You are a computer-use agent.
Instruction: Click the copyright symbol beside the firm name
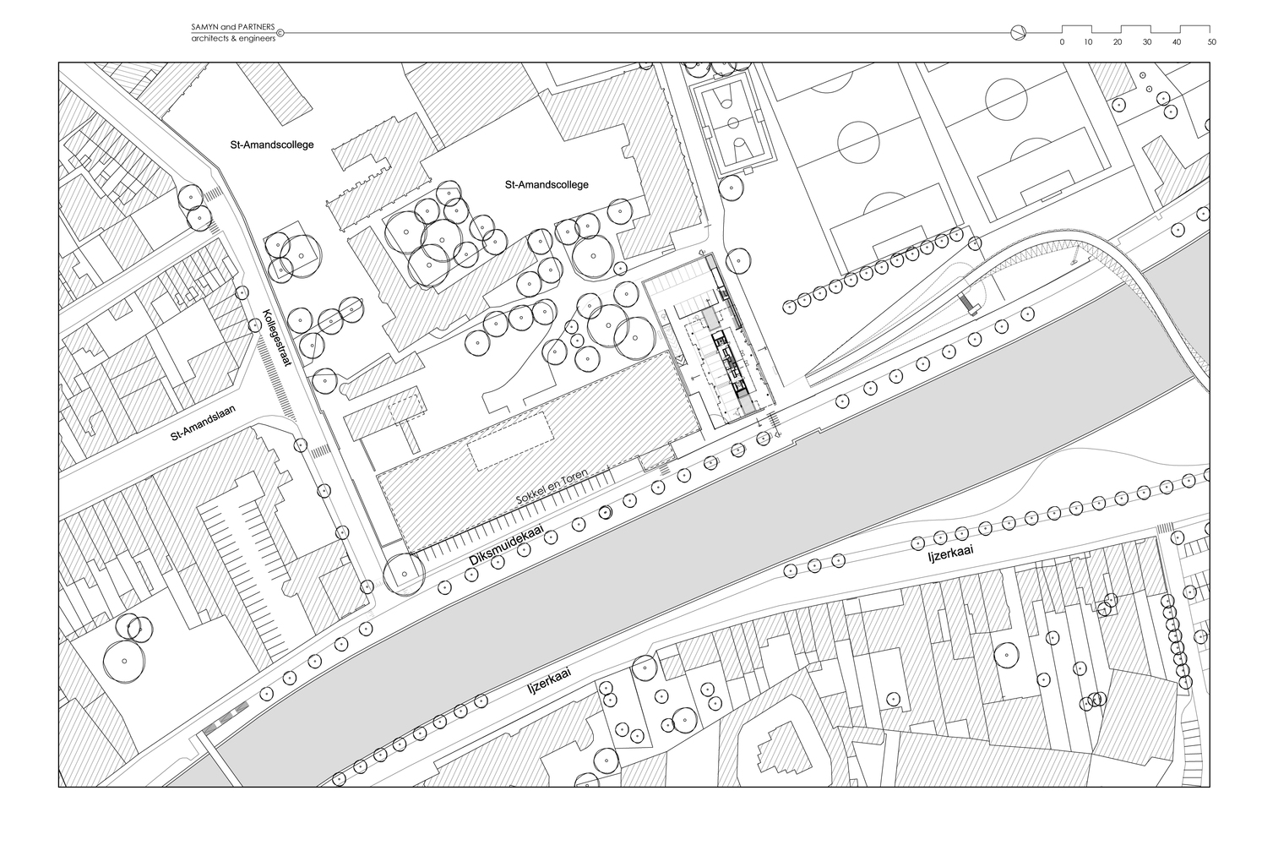click(x=281, y=34)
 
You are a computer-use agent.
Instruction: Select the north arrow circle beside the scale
click(x=1018, y=33)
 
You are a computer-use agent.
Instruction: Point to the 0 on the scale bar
click(x=1063, y=41)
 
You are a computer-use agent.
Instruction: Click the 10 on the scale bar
click(x=1088, y=41)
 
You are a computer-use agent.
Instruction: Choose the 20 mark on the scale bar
click(x=1118, y=41)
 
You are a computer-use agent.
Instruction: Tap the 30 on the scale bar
click(x=1147, y=41)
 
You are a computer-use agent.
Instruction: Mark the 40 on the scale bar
click(x=1177, y=41)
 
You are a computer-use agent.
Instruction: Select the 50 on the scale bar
click(x=1211, y=41)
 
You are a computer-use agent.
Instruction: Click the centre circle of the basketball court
click(x=732, y=121)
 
